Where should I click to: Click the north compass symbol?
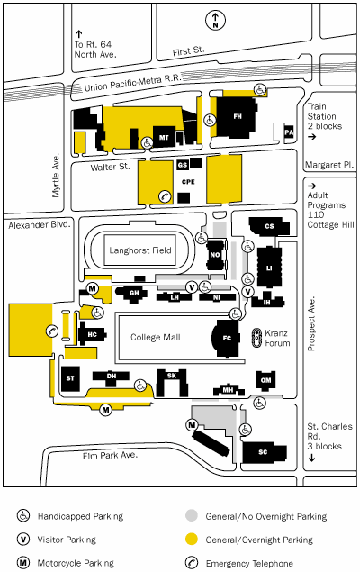[x=215, y=20]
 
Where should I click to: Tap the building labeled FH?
[x=237, y=117]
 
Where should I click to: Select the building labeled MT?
[x=164, y=137]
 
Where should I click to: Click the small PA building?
[x=289, y=132]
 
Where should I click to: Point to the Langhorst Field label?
[x=140, y=250]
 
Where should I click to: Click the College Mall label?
[x=156, y=338]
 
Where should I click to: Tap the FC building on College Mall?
[x=226, y=338]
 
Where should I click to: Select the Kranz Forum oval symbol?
[x=257, y=338]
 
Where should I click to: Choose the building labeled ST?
[x=70, y=378]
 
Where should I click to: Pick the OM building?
[x=266, y=380]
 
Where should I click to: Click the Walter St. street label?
[x=110, y=167]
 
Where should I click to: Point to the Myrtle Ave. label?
[x=56, y=175]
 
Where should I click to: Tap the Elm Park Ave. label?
[x=110, y=456]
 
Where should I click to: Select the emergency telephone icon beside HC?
[x=52, y=331]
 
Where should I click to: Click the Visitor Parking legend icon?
[x=23, y=540]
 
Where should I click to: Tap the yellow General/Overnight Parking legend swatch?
[x=192, y=540]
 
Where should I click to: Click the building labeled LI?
[x=269, y=268]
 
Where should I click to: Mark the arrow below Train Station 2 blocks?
[x=312, y=137]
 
